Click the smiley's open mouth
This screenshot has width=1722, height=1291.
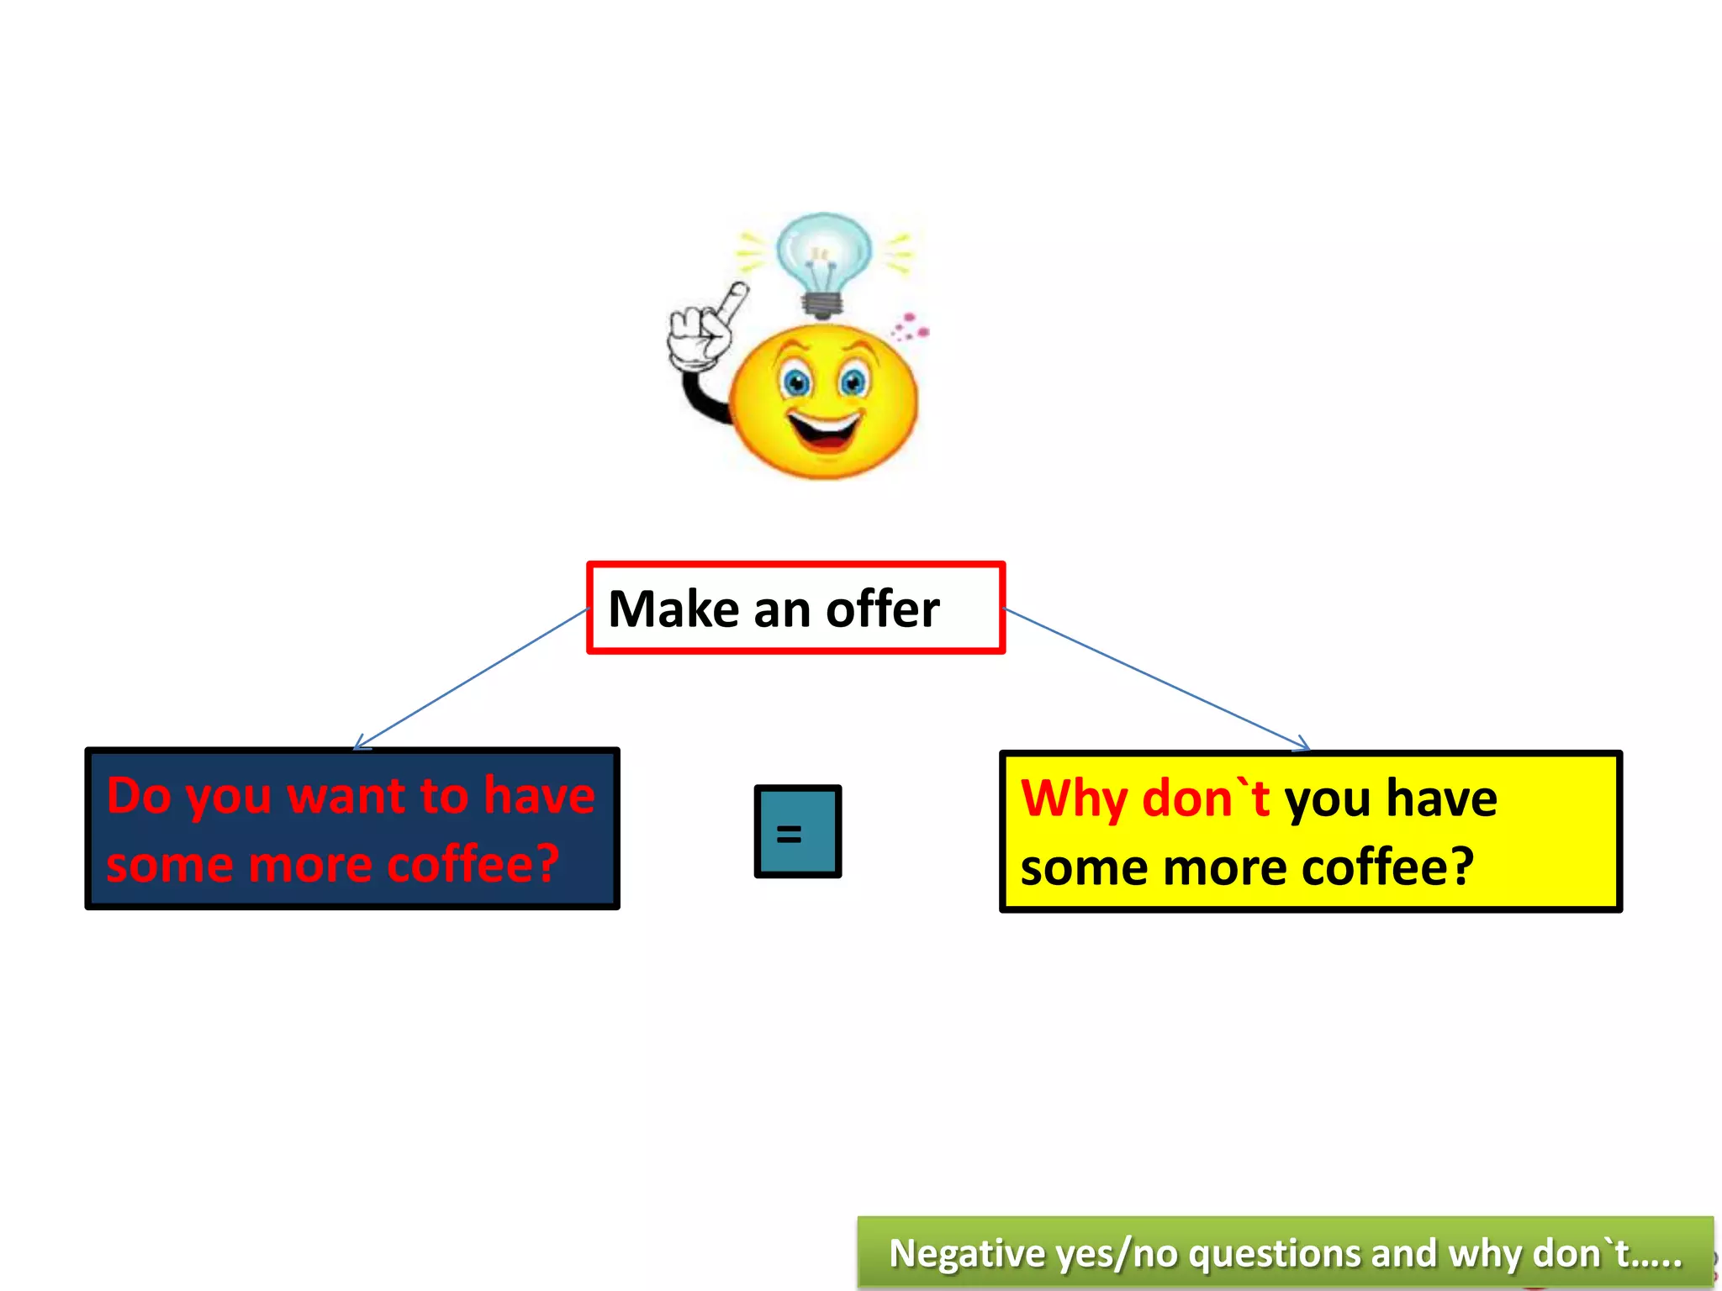[826, 429]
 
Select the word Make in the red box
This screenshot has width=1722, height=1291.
[673, 609]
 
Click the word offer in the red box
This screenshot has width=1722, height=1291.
[882, 609]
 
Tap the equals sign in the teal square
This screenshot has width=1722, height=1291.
[789, 834]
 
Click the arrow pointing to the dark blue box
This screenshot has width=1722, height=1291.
[471, 679]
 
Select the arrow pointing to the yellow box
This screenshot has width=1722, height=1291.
[1157, 679]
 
